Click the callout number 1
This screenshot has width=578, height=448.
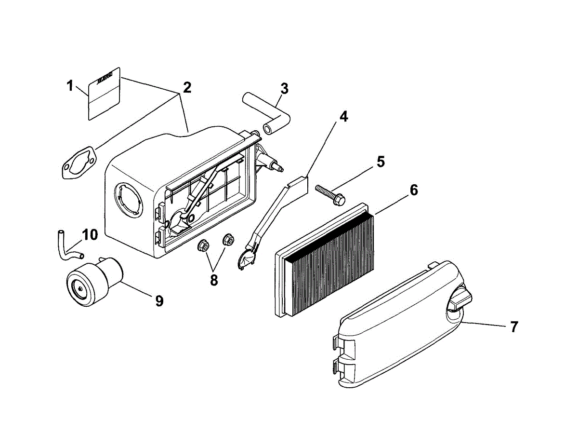tap(70, 86)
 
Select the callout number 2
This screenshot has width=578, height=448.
tap(186, 87)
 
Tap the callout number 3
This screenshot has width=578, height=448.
tap(284, 88)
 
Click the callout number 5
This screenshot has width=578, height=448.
tap(381, 162)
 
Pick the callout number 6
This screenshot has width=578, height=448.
tap(413, 190)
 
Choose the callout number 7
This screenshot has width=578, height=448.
tap(513, 326)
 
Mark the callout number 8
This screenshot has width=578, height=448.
tap(214, 280)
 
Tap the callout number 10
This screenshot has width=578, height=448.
tap(90, 235)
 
